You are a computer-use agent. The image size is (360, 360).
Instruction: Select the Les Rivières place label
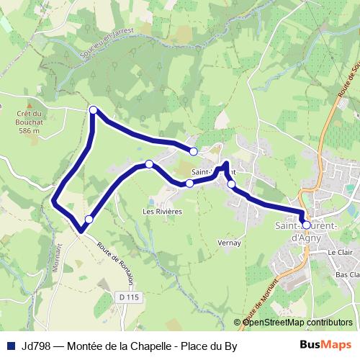(162, 212)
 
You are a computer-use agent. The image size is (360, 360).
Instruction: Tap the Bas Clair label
(347, 275)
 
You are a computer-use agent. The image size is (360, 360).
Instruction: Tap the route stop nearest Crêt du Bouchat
(93, 109)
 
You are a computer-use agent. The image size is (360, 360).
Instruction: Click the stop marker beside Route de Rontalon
(89, 219)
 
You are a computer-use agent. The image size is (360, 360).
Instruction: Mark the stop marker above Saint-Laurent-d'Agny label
(306, 225)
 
